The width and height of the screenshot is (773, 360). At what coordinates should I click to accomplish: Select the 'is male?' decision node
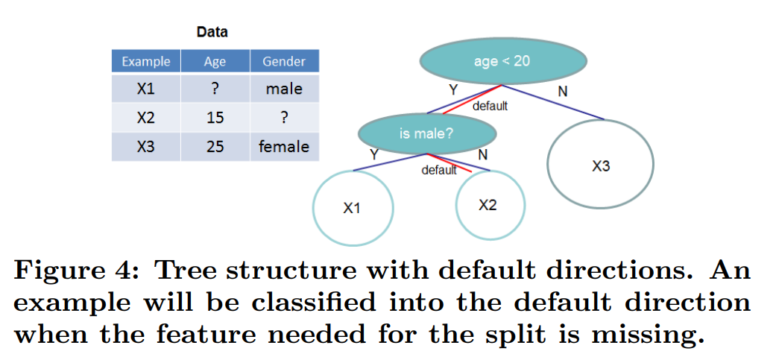426,134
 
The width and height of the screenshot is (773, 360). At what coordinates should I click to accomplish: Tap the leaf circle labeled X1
352,208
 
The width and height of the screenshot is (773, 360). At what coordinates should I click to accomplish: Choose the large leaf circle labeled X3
600,166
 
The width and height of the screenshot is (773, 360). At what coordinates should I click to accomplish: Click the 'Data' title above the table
212,32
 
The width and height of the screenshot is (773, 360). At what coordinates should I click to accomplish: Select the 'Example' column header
146,61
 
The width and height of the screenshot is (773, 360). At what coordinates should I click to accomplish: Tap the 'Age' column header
215,61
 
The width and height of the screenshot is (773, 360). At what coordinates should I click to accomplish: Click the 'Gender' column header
284,61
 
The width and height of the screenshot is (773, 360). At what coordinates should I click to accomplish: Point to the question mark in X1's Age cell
215,89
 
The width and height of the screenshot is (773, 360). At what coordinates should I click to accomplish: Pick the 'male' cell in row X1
284,89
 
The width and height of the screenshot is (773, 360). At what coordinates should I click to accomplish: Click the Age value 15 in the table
215,118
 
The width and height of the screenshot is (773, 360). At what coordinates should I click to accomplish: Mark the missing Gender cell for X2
284,118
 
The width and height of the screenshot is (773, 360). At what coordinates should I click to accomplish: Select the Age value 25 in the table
215,146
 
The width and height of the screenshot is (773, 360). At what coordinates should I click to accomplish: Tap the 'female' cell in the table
284,146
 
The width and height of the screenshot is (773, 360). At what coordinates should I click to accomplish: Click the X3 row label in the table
146,146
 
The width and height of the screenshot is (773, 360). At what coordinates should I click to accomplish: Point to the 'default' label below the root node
490,106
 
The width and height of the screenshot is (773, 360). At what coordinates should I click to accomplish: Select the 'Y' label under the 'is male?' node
373,154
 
